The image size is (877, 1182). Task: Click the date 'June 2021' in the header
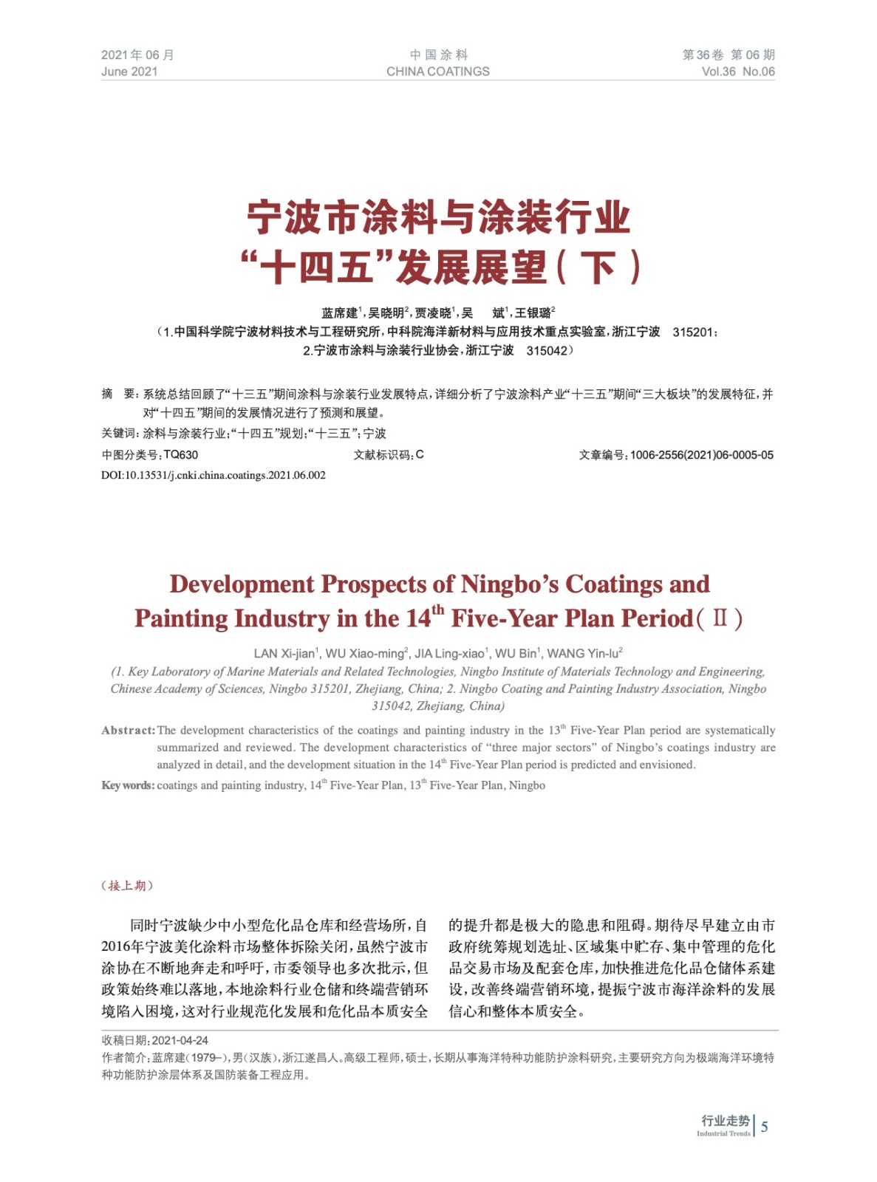129,72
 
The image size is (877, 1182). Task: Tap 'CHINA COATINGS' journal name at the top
437,72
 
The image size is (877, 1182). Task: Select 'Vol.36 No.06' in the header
737,72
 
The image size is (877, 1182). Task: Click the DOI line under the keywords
214,475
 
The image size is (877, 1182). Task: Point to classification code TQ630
180,455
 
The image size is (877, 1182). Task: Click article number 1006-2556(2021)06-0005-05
701,455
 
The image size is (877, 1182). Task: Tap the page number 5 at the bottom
764,1127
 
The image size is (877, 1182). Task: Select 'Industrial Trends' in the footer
723,1134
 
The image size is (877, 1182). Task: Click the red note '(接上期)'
127,886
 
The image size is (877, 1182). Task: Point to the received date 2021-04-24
180,1040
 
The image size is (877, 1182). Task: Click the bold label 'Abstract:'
129,731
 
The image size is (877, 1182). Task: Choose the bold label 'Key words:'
128,785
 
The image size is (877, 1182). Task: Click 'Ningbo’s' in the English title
510,584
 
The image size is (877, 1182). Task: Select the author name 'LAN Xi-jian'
284,654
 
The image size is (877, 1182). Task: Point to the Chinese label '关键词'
119,434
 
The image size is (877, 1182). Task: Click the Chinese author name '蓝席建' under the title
338,313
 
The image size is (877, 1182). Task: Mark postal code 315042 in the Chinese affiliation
546,351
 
